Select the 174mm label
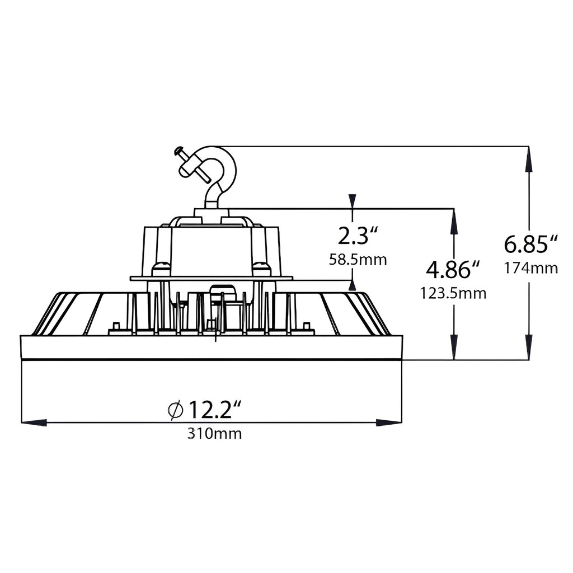(531, 268)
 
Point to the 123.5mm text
(453, 293)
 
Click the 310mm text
(215, 433)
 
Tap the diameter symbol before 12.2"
(175, 410)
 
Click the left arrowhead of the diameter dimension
(34, 422)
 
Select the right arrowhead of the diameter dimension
(389, 422)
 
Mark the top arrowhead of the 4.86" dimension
(454, 220)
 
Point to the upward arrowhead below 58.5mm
(353, 285)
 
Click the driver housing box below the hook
(212, 249)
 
